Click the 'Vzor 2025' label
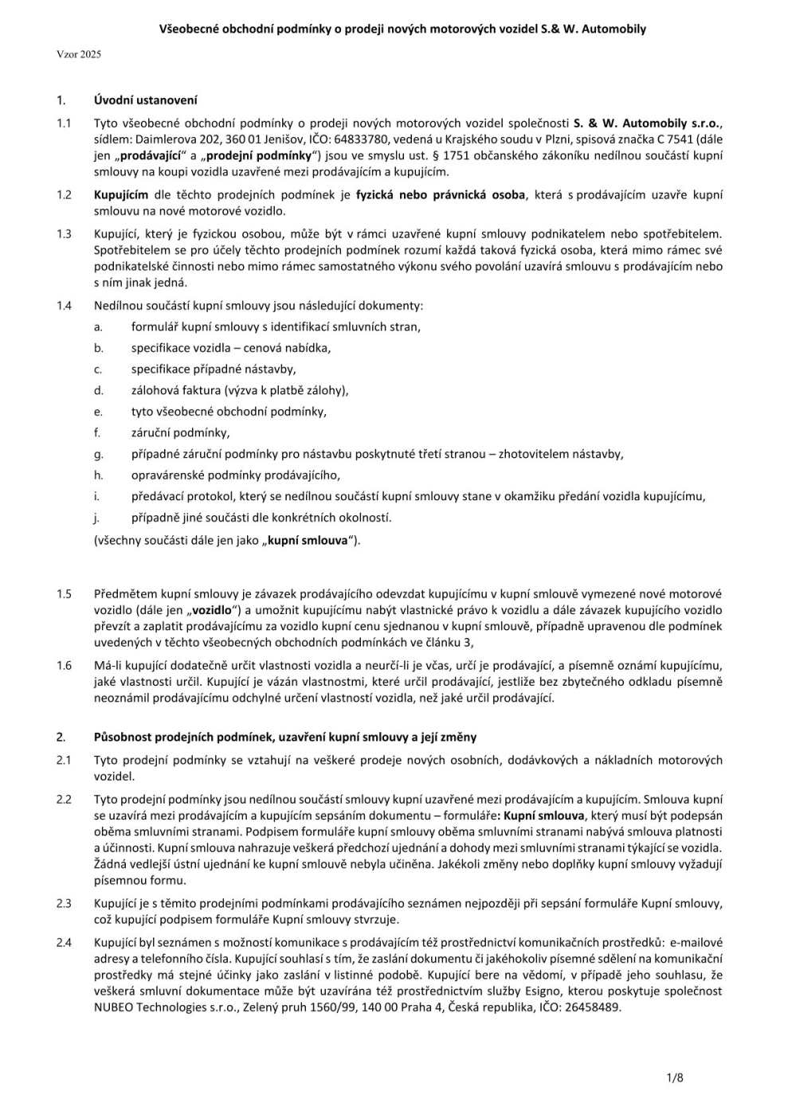point(79,55)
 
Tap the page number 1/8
point(675,1078)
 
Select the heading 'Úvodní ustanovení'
point(145,100)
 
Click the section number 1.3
point(64,234)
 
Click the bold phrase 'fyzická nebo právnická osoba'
point(441,195)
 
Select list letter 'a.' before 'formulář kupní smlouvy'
point(99,327)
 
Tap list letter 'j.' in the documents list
point(96,518)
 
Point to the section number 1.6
point(64,666)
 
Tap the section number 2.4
point(64,943)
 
